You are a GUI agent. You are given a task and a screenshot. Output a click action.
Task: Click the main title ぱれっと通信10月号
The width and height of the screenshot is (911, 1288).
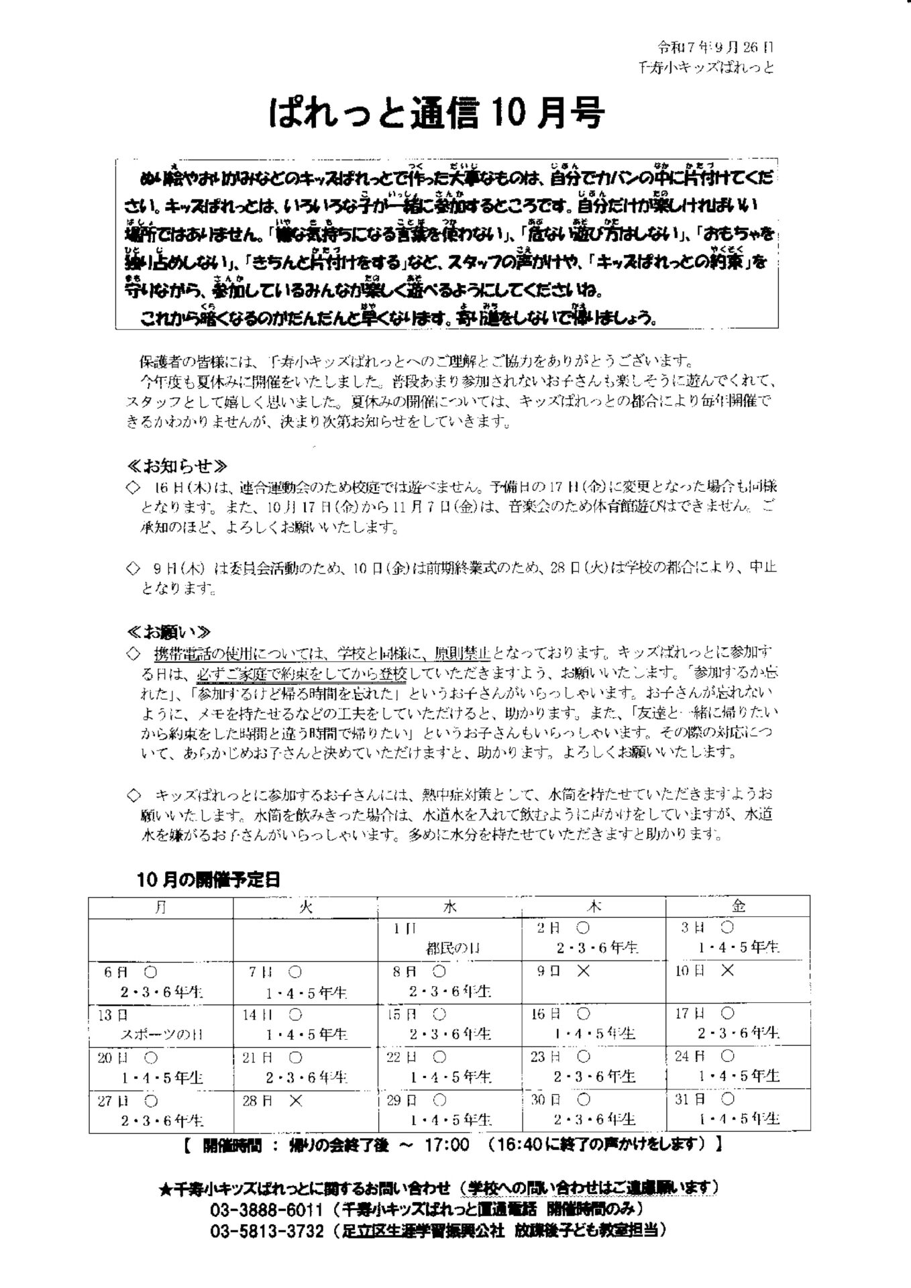[x=436, y=114]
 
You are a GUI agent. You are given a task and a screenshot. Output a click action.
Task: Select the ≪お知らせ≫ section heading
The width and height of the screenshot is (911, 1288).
[x=178, y=466]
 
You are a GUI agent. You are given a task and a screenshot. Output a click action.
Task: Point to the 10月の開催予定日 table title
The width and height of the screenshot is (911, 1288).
[x=208, y=879]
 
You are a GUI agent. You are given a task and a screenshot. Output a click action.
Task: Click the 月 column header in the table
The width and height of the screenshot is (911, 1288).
[x=161, y=907]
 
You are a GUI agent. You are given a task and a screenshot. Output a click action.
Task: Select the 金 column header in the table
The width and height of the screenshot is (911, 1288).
[x=738, y=907]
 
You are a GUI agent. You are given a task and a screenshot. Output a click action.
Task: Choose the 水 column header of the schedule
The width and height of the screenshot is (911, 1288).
[x=449, y=907]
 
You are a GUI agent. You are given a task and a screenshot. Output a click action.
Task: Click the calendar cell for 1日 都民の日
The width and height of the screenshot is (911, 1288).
[x=449, y=939]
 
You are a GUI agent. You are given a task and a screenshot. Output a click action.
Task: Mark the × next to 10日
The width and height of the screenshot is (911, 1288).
[x=727, y=971]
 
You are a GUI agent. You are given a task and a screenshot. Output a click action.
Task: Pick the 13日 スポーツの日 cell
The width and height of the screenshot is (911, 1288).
[x=161, y=1025]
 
